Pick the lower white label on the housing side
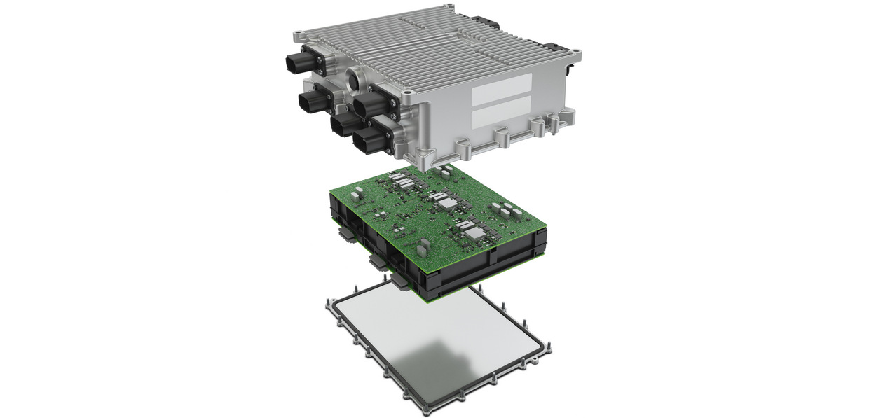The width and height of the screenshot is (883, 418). click(x=500, y=115)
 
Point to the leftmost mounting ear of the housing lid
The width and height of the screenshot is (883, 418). click(x=301, y=34)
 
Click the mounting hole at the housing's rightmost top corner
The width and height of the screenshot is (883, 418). click(x=577, y=52)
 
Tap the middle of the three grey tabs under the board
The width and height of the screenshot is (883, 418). click(x=376, y=261)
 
